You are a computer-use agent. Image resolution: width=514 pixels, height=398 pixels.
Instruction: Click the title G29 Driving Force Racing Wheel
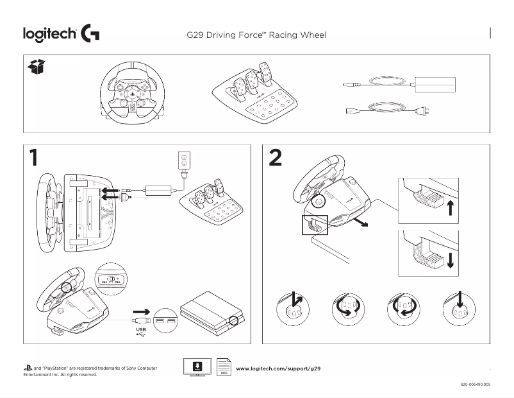pyautogui.click(x=256, y=35)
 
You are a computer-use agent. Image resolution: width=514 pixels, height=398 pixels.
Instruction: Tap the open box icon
pyautogui.click(x=37, y=67)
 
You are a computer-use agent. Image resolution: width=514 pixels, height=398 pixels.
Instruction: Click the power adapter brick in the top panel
pyautogui.click(x=435, y=83)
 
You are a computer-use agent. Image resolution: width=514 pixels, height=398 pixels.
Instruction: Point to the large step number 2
pyautogui.click(x=275, y=158)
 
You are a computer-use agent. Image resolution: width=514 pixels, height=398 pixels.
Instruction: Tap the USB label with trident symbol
pyautogui.click(x=141, y=332)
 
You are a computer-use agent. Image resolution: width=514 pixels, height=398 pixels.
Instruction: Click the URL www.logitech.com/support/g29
pyautogui.click(x=278, y=369)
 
